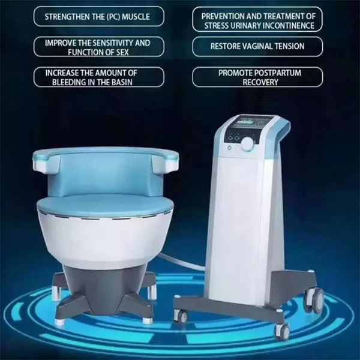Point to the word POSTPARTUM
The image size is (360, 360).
(285, 73)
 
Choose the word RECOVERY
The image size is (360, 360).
(260, 82)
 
